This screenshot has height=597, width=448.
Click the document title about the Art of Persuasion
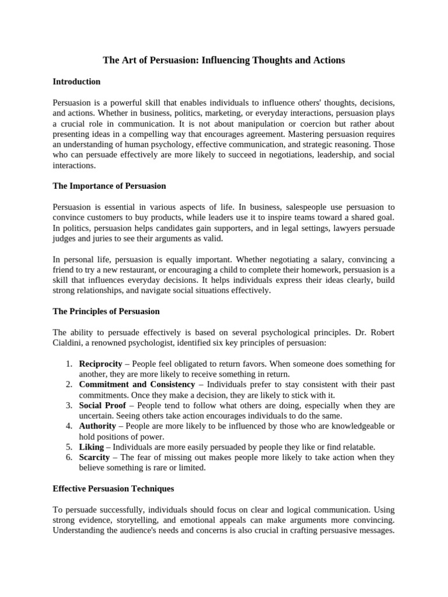point(224,60)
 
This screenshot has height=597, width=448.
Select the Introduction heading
point(76,82)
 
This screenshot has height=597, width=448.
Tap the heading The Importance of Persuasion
point(109,186)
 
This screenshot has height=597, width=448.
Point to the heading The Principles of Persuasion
point(106,311)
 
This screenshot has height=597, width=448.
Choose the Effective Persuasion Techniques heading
point(113,489)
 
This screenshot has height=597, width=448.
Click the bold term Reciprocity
point(100,364)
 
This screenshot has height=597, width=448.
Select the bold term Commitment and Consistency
point(136,385)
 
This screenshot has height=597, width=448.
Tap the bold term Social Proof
point(102,406)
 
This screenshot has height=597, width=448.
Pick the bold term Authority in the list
point(98,427)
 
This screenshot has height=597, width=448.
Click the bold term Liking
point(91,447)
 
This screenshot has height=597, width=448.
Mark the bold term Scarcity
point(94,458)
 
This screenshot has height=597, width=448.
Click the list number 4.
point(68,427)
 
